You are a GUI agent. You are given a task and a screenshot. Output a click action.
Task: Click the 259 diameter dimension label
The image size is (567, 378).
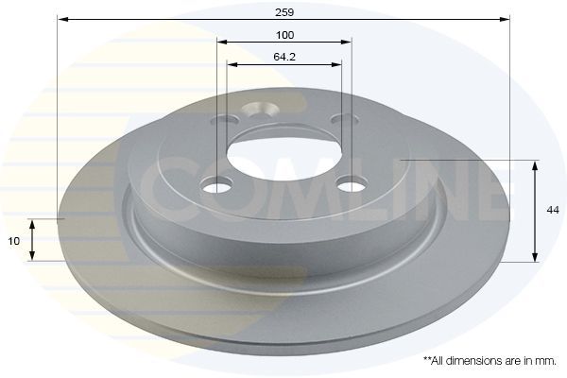pyautogui.click(x=284, y=12)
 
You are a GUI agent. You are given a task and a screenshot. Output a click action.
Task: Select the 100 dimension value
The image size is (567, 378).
pyautogui.click(x=285, y=35)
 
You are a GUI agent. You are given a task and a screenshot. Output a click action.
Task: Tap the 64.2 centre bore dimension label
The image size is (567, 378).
pyautogui.click(x=284, y=57)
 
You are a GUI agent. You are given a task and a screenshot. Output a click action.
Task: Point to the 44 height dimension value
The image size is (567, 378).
pyautogui.click(x=553, y=210)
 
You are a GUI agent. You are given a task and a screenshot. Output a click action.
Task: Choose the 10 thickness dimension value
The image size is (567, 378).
pyautogui.click(x=14, y=241)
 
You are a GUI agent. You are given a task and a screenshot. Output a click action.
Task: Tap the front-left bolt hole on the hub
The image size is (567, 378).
pyautogui.click(x=216, y=185)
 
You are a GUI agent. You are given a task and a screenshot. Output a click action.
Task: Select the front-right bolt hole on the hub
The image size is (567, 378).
pyautogui.click(x=352, y=184)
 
